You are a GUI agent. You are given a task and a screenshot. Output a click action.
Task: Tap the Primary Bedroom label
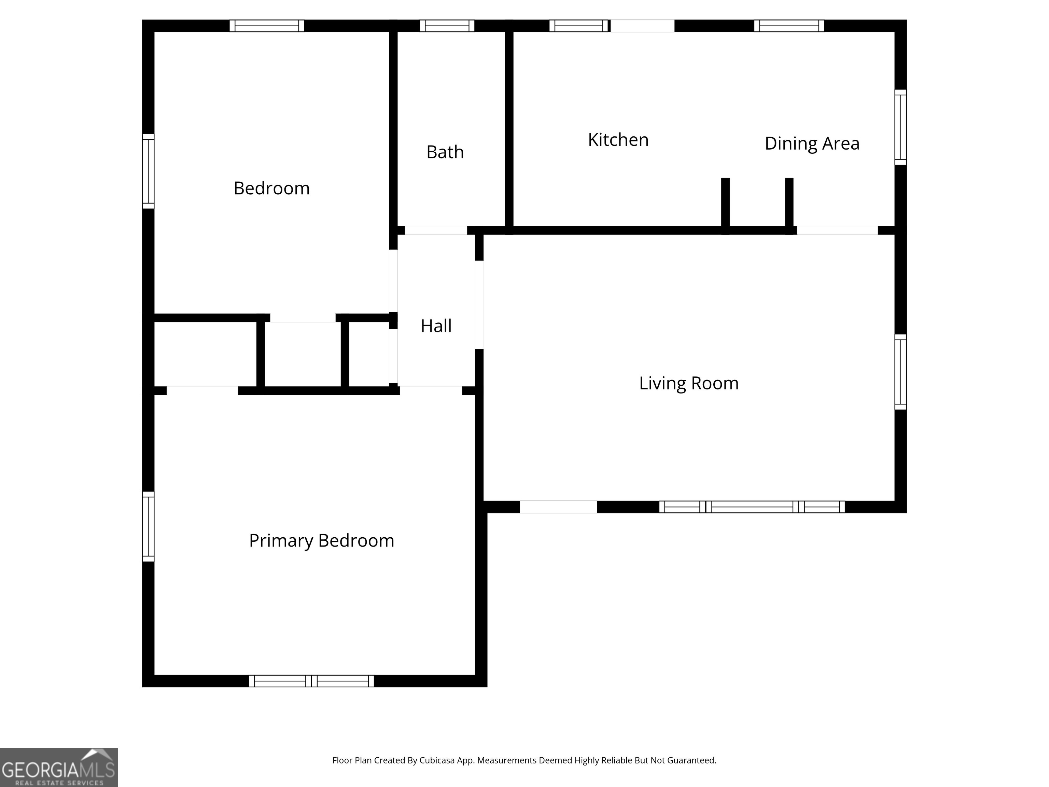tap(322, 540)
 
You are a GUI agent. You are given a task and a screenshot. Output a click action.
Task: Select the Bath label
tap(445, 152)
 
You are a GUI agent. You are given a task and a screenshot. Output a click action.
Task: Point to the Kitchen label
tap(618, 140)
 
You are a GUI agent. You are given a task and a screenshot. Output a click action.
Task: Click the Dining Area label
tap(812, 143)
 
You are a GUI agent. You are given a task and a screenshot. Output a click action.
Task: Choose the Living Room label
tap(689, 383)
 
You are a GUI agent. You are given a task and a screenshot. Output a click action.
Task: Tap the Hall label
tap(436, 326)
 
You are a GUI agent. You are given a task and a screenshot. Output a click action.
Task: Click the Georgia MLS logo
tap(58, 767)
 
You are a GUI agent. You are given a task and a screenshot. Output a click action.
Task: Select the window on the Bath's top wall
tap(447, 26)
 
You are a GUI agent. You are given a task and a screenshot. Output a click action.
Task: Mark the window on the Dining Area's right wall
tap(900, 127)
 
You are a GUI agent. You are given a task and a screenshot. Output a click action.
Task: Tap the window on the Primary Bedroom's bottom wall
tap(311, 681)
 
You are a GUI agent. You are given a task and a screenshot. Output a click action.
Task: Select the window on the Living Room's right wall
tap(900, 372)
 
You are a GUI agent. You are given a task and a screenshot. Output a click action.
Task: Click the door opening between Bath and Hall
tap(435, 231)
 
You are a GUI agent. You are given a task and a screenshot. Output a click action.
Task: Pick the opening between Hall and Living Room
tap(479, 305)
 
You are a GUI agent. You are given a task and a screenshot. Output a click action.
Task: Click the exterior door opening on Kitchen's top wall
tap(642, 26)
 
